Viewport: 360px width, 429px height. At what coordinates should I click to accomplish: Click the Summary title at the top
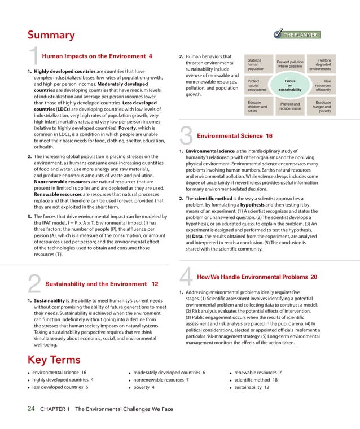click(x=51, y=35)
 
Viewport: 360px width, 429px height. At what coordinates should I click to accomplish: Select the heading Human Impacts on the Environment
click(x=97, y=56)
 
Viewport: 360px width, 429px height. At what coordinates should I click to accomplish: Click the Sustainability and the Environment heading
click(x=101, y=284)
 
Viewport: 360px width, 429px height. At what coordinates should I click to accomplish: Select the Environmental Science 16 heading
click(x=234, y=136)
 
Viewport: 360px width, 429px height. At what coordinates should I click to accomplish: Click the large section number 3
click(x=186, y=137)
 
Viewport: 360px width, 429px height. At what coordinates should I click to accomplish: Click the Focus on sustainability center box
click(x=290, y=85)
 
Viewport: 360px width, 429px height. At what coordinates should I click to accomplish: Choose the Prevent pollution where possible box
click(x=290, y=64)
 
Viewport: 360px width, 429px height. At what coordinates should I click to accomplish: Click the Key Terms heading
click(x=54, y=360)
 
